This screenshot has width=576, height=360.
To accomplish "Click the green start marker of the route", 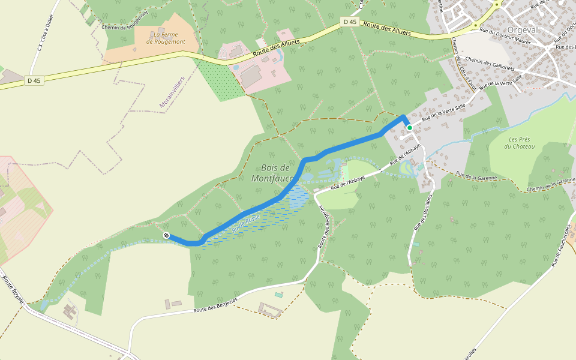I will click(x=410, y=128).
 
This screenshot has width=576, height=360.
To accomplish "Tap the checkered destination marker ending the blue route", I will click(x=166, y=236).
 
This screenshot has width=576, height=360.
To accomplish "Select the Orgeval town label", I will click(x=524, y=29).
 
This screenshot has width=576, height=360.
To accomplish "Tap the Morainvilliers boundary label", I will click(x=172, y=92).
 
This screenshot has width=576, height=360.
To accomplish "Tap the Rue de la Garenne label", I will click(x=477, y=176).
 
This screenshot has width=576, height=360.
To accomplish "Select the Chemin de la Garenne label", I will click(x=551, y=185).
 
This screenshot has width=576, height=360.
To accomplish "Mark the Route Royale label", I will click(x=14, y=289).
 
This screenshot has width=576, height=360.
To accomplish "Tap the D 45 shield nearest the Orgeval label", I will click(x=349, y=22).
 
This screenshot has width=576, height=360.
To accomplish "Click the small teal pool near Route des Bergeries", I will click(x=278, y=294).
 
